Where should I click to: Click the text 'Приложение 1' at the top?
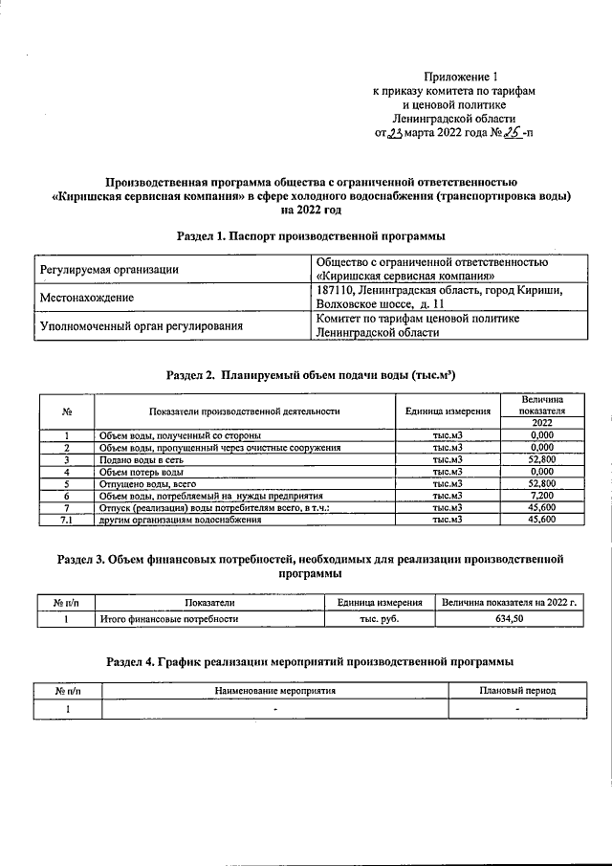pos(462,76)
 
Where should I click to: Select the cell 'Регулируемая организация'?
pos(109,271)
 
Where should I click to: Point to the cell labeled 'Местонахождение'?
pos(86,298)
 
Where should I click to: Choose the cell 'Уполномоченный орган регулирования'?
pos(140,325)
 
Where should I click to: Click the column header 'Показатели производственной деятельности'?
pos(245,411)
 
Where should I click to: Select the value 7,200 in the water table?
pos(541,497)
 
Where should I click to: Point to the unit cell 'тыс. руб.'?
pos(380,619)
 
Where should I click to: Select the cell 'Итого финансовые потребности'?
pos(169,619)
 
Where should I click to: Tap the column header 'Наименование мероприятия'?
pos(289,690)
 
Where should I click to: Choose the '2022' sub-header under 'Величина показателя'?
pos(541,424)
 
